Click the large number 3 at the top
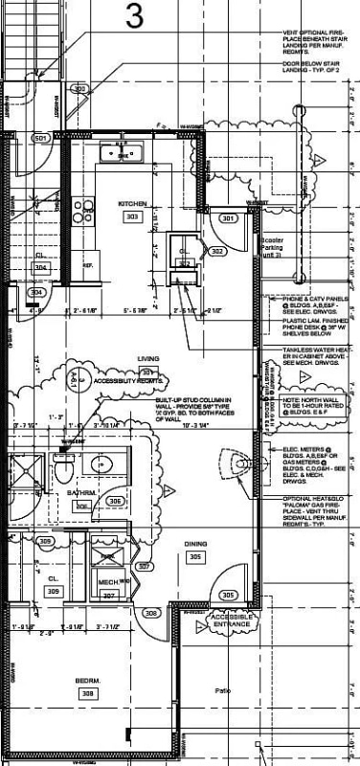click(x=137, y=16)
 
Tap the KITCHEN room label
click(x=131, y=205)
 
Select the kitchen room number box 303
click(x=131, y=217)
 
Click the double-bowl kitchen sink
click(x=123, y=152)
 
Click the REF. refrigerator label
click(x=87, y=265)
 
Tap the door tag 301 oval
click(x=227, y=218)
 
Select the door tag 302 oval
click(x=217, y=252)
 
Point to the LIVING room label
click(x=147, y=359)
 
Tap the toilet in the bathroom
click(x=64, y=469)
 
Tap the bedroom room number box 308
click(x=89, y=692)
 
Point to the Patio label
click(x=223, y=689)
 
